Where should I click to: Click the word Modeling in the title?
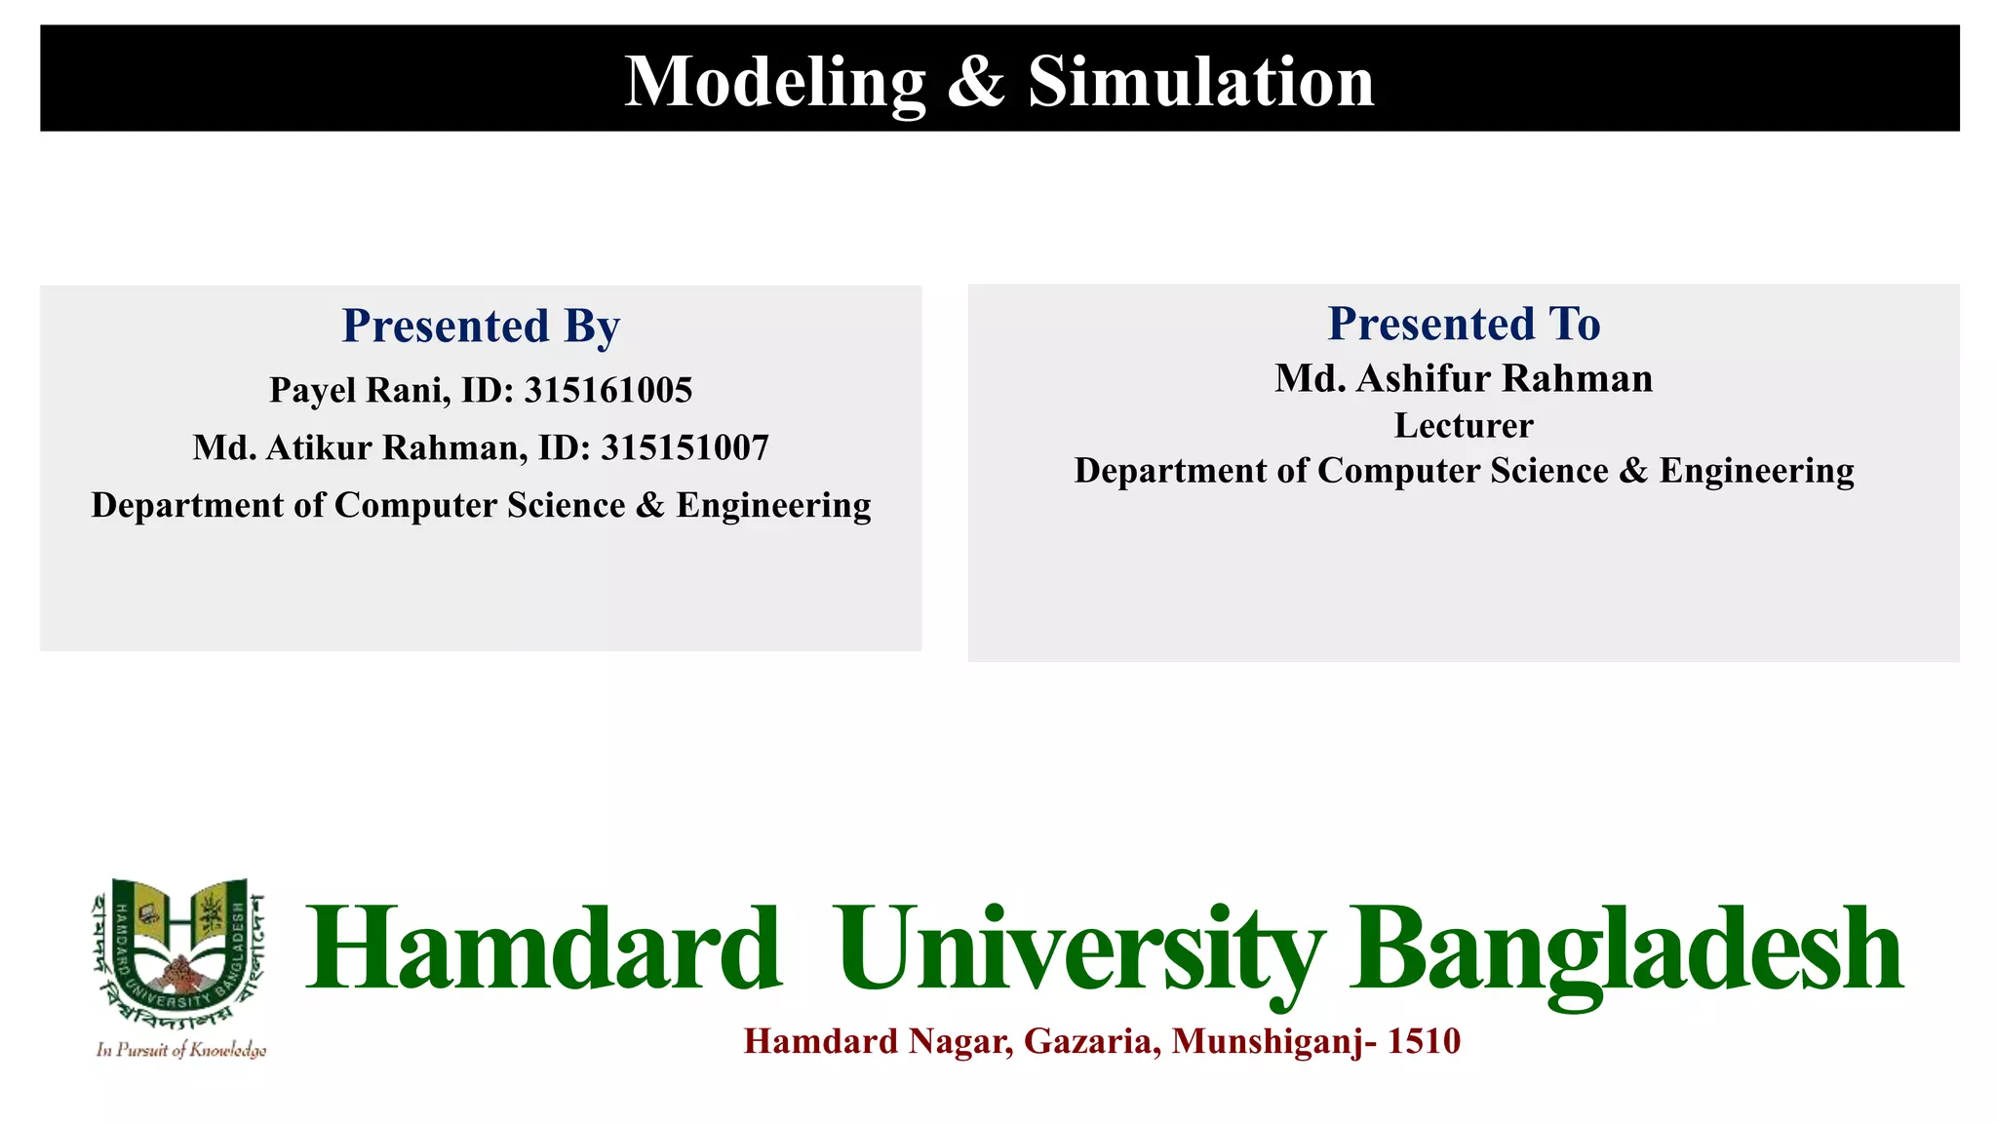[x=774, y=82]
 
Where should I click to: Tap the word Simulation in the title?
[x=1200, y=82]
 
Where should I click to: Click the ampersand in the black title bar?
[x=975, y=82]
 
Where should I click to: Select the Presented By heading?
[x=480, y=326]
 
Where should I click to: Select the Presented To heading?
[x=1464, y=324]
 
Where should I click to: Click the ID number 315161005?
[x=608, y=390]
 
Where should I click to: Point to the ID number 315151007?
[x=685, y=447]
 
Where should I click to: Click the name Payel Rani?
[x=359, y=390]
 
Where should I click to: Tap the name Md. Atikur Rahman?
[x=360, y=447]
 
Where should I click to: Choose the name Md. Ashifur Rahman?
[x=1464, y=378]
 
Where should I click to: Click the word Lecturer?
[x=1464, y=425]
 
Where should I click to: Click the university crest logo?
[x=179, y=951]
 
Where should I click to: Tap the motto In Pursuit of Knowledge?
[x=180, y=1050]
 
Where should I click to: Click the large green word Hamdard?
[x=543, y=949]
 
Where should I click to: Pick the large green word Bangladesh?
[x=1625, y=949]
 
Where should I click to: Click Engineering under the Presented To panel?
[x=1756, y=471]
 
